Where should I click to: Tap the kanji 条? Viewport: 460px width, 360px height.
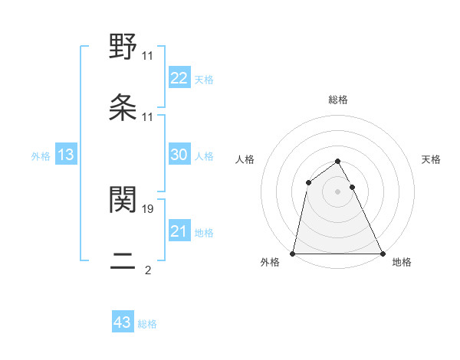123,108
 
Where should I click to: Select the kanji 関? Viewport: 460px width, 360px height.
123,198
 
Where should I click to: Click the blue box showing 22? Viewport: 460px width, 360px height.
179,78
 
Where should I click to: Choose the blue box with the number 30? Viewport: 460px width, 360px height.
179,155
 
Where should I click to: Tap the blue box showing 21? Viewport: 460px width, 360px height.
179,231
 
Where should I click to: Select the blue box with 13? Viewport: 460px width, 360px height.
66,155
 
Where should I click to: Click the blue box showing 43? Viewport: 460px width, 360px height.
123,322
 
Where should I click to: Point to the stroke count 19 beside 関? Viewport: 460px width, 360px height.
148,208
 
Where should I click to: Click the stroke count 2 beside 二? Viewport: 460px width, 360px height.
147,270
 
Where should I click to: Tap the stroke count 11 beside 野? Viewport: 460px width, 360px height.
148,55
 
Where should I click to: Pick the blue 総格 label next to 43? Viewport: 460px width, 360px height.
148,324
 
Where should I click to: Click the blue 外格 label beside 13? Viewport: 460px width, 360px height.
41,156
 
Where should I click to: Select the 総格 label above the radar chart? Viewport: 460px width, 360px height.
338,100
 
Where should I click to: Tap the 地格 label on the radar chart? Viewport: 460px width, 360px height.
402,263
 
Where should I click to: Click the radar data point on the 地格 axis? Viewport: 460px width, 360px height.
382,254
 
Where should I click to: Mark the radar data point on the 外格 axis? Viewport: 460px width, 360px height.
293,254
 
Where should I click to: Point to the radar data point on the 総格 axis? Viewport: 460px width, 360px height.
338,162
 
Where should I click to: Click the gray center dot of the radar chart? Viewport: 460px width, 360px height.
338,191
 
